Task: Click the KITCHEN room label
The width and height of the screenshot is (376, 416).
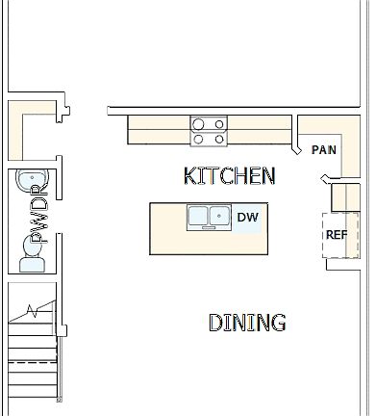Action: [229, 175]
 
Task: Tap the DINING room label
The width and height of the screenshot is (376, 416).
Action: [247, 323]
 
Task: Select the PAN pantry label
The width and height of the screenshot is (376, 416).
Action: [324, 149]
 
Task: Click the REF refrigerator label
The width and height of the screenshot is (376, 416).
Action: [337, 234]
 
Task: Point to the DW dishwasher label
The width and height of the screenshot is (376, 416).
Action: [248, 218]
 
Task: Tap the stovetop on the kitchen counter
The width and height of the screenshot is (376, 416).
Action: [209, 131]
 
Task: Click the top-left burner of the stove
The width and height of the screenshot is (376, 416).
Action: [199, 123]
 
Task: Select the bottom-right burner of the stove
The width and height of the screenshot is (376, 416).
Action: [218, 139]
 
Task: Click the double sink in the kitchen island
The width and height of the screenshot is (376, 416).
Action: [209, 217]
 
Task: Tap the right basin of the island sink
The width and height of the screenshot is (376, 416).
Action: [219, 217]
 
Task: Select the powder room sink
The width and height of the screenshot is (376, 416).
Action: [27, 181]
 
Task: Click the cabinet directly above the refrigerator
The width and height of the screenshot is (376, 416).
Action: [345, 197]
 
